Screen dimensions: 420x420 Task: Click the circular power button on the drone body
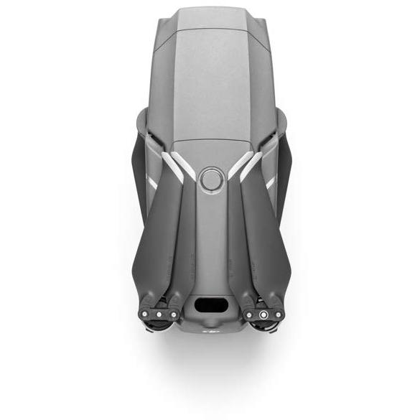[x=210, y=180]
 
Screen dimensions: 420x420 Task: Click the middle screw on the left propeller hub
[x=159, y=314]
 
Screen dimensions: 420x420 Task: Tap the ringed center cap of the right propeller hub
[x=262, y=314]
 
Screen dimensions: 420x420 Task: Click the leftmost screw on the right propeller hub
[x=248, y=314]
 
